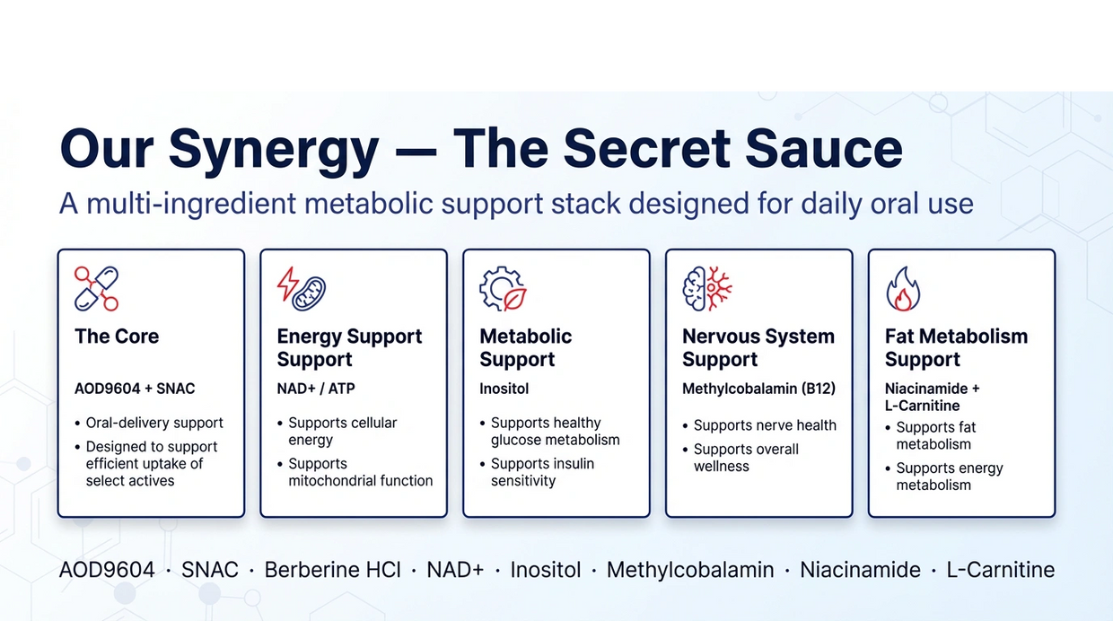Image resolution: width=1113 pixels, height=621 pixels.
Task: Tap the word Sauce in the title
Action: point(823,148)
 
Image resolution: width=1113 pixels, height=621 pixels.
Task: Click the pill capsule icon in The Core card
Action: point(96,289)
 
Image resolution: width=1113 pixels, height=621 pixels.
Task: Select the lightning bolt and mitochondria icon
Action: point(301,289)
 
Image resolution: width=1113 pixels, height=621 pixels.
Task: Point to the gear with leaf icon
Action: point(503,289)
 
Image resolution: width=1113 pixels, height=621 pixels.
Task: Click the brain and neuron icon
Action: point(707,289)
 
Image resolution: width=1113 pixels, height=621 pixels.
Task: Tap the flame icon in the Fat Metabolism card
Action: point(903,289)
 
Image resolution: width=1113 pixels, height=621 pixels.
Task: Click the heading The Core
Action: point(117,337)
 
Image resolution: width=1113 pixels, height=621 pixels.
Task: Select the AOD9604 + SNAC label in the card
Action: point(135,389)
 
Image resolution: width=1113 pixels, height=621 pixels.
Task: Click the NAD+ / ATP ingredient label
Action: point(316,389)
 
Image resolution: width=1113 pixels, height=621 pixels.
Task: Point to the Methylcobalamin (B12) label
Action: point(758,389)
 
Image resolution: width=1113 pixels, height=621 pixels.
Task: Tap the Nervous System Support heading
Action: point(758,348)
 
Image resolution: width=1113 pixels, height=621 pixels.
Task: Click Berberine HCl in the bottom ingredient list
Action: point(332,570)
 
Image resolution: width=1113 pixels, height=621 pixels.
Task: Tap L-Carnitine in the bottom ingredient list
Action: point(1000,570)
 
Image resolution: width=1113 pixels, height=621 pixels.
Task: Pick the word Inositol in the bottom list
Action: point(545,570)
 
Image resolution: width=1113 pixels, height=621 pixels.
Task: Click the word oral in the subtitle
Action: point(893,204)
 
